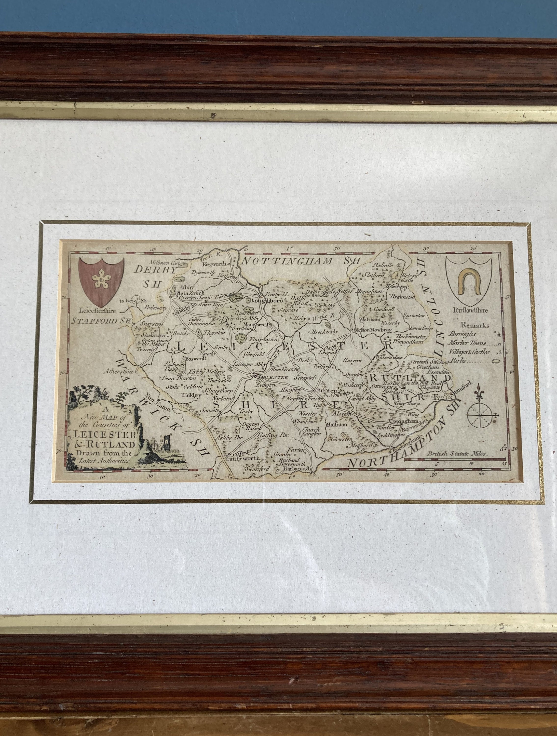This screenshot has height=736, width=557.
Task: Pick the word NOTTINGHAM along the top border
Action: [x=289, y=261]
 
